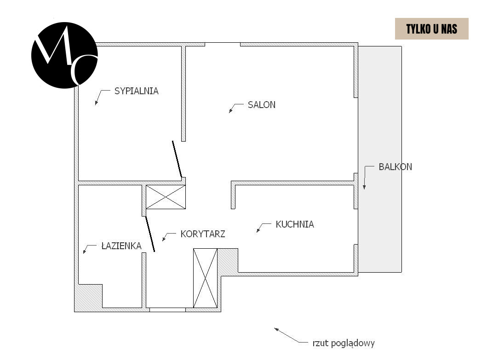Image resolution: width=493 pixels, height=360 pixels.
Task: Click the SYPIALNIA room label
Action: coord(136,91)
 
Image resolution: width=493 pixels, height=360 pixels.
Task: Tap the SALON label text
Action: coord(262,105)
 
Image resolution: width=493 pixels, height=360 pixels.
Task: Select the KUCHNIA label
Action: coord(295,224)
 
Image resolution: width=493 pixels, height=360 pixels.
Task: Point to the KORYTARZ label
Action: coord(203,234)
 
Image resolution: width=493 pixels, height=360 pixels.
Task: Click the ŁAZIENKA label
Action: coord(121,246)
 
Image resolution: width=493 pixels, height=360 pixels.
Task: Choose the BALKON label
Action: coord(395,166)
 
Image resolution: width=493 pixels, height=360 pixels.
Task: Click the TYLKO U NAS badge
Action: coord(432,29)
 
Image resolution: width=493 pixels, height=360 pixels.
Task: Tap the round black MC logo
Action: coord(64,55)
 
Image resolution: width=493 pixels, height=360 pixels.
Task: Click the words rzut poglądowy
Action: coord(344,343)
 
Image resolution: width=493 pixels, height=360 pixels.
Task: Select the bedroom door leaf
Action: coord(177,159)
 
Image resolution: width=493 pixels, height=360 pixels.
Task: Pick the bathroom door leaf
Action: coord(150,234)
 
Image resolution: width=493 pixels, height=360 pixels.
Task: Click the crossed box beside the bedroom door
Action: coord(166,197)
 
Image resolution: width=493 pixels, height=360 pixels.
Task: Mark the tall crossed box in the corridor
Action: coord(205,278)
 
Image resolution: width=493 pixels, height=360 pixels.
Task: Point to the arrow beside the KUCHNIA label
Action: coord(264,228)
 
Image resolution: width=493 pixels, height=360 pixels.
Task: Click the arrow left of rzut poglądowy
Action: coord(291,335)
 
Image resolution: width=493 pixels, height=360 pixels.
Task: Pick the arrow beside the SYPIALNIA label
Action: coord(103,97)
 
